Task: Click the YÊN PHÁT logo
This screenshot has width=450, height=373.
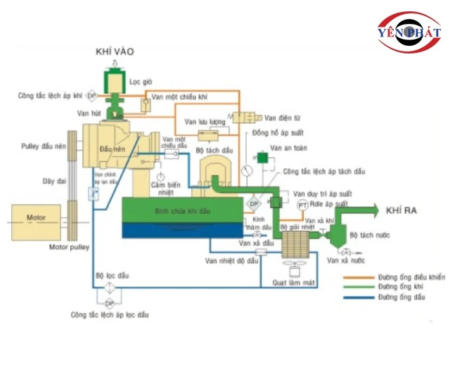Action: pyautogui.click(x=408, y=32)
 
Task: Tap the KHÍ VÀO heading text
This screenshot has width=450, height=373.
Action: pyautogui.click(x=114, y=52)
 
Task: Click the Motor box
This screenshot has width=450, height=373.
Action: pyautogui.click(x=35, y=218)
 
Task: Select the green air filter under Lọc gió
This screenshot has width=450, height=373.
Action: pyautogui.click(x=112, y=80)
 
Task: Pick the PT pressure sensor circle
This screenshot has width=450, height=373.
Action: pyautogui.click(x=302, y=204)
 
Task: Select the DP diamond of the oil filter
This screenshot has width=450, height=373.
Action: pyautogui.click(x=109, y=303)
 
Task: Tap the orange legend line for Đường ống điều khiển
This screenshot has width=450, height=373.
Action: pyautogui.click(x=366, y=278)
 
